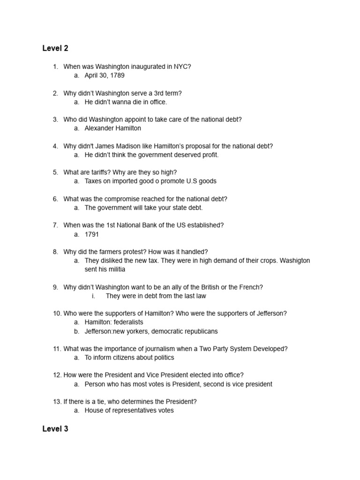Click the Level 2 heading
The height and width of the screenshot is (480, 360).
coord(55,48)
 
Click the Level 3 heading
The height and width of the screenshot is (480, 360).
coord(55,429)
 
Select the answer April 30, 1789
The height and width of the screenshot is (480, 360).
coord(105,75)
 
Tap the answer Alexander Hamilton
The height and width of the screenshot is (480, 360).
coord(112,128)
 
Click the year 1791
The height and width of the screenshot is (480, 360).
coord(92,234)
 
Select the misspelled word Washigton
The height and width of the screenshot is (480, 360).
coord(295,261)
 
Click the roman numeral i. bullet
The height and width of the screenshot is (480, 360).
coord(93,296)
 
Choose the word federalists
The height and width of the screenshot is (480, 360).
coord(128,322)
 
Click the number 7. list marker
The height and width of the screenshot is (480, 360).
coord(55,225)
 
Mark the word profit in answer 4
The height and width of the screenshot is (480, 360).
coord(210,155)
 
